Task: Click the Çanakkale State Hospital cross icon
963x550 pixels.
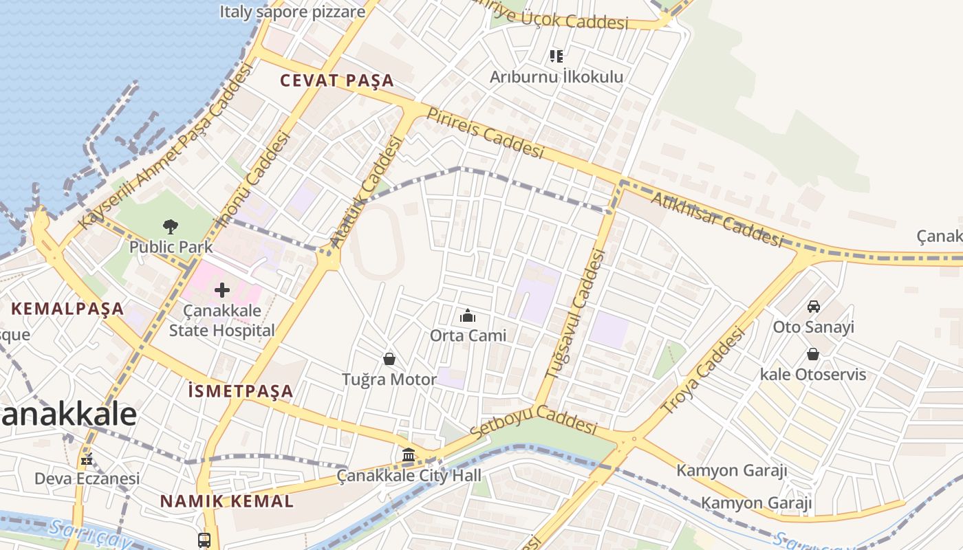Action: tap(221, 290)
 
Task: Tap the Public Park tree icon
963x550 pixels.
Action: tap(171, 226)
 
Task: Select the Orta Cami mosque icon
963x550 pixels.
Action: tap(468, 316)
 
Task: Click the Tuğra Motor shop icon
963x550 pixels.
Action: tap(389, 359)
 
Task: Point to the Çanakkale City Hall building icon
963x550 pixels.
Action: tap(409, 454)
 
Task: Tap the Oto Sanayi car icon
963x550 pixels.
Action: tap(813, 307)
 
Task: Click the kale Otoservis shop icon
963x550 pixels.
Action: tap(813, 354)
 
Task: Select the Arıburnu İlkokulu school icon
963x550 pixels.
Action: tap(556, 56)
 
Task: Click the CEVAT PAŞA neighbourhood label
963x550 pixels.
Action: tap(337, 80)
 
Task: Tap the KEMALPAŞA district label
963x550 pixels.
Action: tap(67, 309)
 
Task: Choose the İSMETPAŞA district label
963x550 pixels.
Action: tap(241, 391)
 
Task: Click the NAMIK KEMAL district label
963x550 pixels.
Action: tap(227, 501)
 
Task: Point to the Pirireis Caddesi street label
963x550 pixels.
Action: tap(485, 133)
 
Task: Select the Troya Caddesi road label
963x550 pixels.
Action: tap(703, 371)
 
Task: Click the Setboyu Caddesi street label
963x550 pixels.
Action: tap(533, 421)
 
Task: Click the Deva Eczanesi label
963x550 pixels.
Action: tap(87, 478)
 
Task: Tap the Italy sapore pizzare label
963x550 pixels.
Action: tap(292, 12)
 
